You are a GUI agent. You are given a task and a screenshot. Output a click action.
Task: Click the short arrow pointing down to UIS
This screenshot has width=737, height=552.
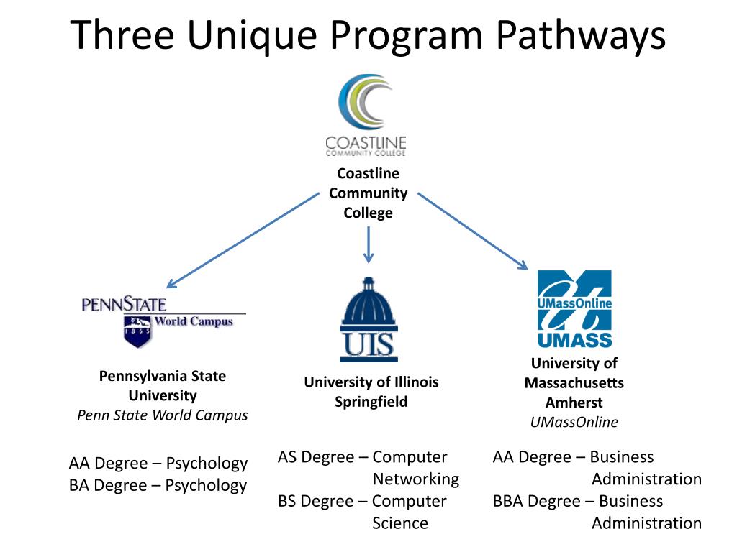[368, 245]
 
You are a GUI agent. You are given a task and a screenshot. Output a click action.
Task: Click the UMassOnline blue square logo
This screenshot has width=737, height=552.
[574, 299]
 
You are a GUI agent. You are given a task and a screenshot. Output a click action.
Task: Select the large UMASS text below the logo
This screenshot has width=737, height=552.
[574, 339]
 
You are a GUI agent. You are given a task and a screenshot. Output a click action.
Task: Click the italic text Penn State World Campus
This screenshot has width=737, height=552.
[163, 415]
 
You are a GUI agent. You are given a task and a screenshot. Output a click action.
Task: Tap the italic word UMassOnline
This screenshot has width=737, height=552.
[574, 422]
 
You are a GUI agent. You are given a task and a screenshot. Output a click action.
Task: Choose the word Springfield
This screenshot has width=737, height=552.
[371, 402]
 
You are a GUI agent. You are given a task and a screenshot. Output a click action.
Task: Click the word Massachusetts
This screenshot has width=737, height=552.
[574, 383]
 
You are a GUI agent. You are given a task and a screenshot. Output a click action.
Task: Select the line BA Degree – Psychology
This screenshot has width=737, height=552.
[158, 485]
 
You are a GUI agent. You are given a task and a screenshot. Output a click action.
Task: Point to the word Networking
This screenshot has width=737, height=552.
[415, 479]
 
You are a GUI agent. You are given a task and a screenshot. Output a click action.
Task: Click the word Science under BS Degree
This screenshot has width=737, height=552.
[400, 523]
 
